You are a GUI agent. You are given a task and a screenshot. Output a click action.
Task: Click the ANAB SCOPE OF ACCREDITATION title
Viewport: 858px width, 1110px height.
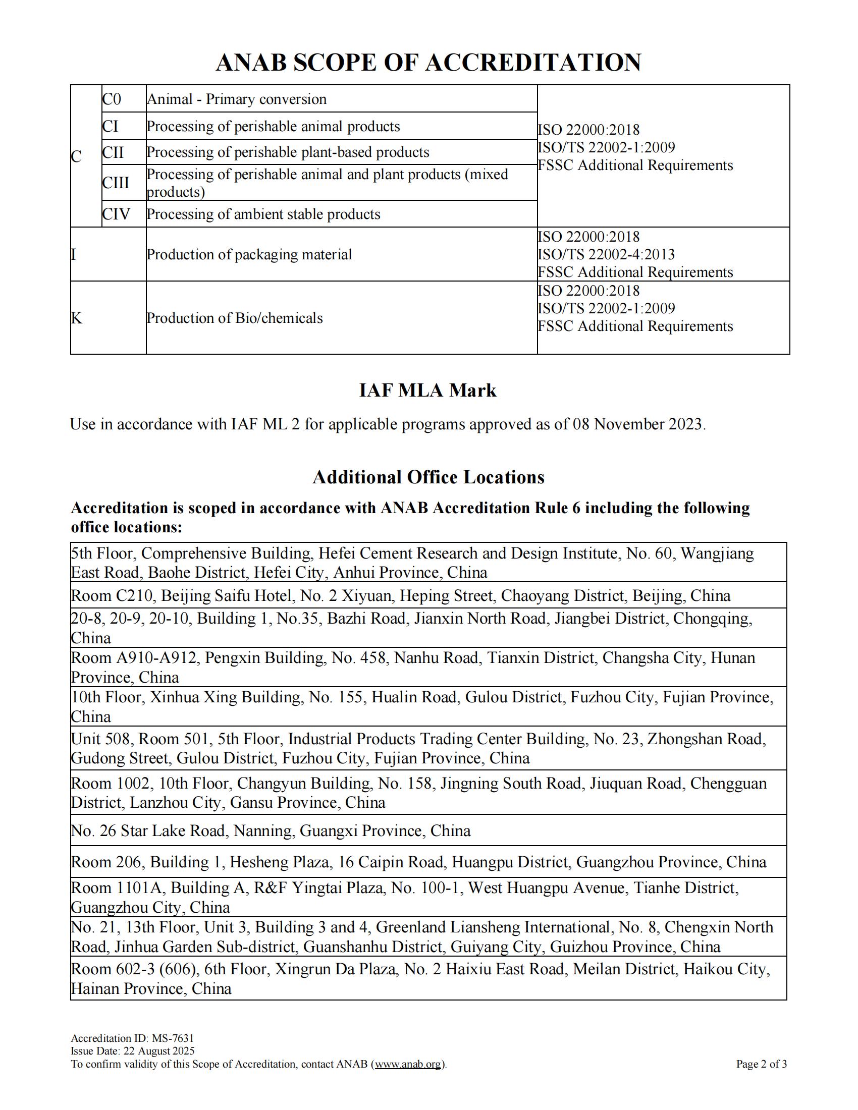[428, 63]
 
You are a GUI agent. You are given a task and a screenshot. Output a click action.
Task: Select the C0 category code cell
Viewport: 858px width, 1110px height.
[112, 99]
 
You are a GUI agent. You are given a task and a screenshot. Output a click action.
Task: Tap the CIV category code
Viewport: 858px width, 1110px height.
[117, 214]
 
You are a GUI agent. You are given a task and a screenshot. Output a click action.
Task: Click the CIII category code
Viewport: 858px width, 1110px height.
[116, 183]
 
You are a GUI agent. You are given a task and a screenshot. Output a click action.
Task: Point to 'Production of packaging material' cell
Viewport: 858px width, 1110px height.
[249, 255]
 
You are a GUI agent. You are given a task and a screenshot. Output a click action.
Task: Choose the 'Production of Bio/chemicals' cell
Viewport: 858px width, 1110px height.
[235, 318]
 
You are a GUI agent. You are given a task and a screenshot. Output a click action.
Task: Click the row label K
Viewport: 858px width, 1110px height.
[77, 318]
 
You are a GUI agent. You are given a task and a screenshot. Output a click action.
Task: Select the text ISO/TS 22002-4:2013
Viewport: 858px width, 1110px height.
[606, 254]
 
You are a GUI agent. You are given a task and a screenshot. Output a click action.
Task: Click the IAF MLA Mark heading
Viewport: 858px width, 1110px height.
[427, 391]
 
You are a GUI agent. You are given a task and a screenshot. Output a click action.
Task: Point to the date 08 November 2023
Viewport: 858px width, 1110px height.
[638, 424]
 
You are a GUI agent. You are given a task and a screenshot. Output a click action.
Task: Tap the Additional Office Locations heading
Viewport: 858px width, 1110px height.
[428, 477]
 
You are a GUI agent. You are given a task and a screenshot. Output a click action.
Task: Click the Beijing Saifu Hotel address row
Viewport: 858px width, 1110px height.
[401, 595]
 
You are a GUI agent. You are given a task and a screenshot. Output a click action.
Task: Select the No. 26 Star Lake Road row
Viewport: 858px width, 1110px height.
[271, 831]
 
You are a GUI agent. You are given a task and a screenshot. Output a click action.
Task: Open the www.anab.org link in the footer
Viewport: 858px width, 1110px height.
[409, 1064]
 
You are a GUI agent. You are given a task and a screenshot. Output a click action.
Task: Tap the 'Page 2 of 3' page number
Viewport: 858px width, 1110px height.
[761, 1064]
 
